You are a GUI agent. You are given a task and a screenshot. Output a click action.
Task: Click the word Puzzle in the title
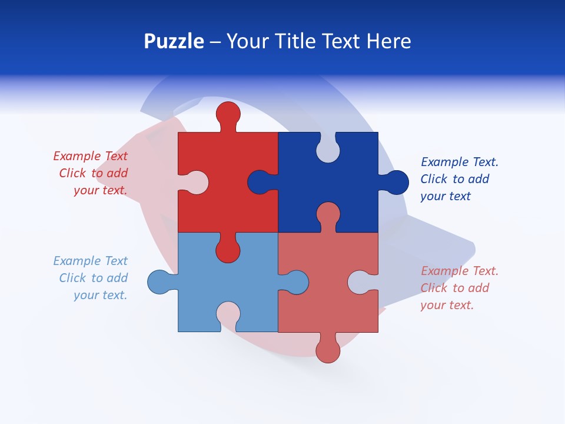pos(174,42)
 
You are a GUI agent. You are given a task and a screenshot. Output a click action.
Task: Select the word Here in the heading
pos(388,42)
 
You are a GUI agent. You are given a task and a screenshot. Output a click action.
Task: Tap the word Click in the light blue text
pos(73,278)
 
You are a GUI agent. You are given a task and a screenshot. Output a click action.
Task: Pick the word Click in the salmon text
pos(434,288)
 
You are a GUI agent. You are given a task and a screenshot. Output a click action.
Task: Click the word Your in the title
pos(246,42)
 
